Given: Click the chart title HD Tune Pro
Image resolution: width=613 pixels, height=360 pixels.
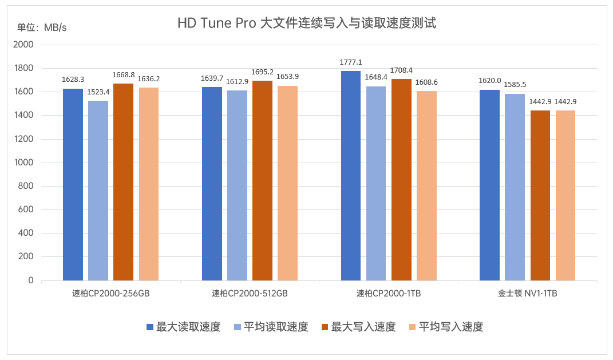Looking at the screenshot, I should (306, 23).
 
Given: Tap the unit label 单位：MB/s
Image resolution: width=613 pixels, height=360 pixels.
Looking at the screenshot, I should (42, 27).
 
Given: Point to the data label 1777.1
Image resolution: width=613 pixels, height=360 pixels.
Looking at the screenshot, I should (351, 62).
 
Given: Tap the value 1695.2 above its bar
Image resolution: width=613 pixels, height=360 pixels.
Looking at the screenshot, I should (263, 72).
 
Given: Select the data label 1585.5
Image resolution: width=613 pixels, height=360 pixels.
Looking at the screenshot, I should (515, 85).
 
